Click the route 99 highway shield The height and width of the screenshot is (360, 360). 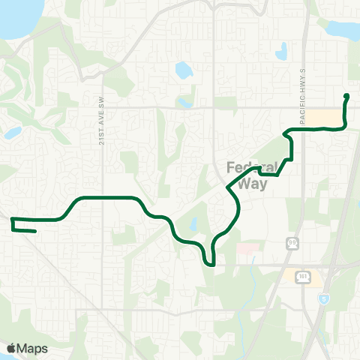click(292, 242)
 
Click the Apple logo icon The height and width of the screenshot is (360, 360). click(11, 348)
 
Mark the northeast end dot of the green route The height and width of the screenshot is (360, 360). click(346, 96)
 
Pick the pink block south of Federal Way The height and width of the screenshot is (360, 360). click(247, 247)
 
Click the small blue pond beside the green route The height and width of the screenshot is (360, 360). click(194, 224)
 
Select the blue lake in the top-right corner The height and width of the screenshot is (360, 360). click(342, 28)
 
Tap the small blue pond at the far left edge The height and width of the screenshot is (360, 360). click(11, 133)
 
